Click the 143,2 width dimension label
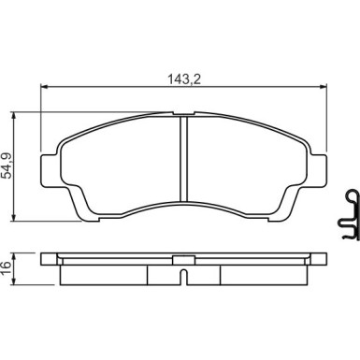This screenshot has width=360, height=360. pyautogui.click(x=184, y=79)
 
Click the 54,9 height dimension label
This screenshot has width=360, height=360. pyautogui.click(x=7, y=166)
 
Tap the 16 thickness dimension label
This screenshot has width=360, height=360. pyautogui.click(x=7, y=268)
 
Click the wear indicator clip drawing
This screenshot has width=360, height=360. pyautogui.click(x=348, y=214)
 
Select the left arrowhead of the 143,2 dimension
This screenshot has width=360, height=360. pyautogui.click(x=44, y=87)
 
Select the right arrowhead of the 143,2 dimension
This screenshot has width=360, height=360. pyautogui.click(x=324, y=87)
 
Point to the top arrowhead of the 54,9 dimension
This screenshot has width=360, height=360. pyautogui.click(x=13, y=115)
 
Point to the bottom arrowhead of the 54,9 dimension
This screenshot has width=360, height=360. pyautogui.click(x=13, y=218)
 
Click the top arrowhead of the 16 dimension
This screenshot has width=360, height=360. pyautogui.click(x=13, y=256)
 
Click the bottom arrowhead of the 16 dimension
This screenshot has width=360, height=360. pyautogui.click(x=13, y=281)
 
